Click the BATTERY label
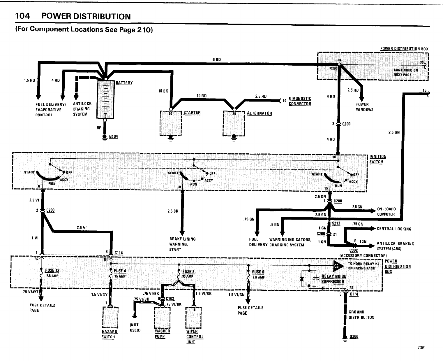point(124,83)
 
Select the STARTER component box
point(171,123)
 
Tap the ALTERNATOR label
point(259,113)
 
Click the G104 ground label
point(113,136)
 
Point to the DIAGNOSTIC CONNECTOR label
point(300,101)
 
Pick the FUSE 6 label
point(258,272)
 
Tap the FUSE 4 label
point(120,271)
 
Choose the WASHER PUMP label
point(163,334)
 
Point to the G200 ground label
point(354,336)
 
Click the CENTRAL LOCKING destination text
point(394,229)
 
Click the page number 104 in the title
point(23,16)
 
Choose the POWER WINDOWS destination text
point(364,107)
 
